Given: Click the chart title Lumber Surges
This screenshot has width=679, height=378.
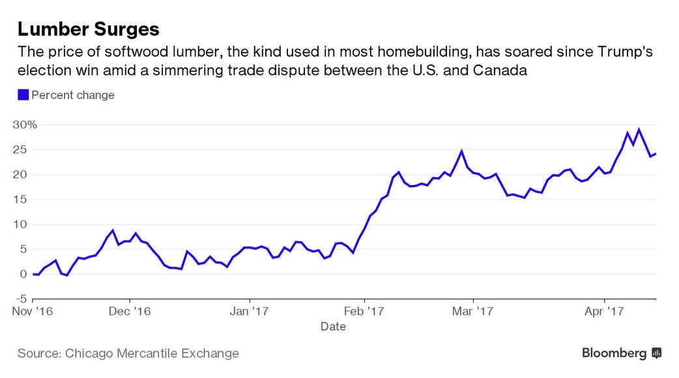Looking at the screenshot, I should [88, 29].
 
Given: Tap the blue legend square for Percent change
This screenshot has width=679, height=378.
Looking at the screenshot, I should [23, 95].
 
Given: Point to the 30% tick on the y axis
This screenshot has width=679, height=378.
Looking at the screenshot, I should [24, 124].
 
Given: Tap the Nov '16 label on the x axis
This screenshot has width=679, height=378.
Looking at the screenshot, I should [33, 312].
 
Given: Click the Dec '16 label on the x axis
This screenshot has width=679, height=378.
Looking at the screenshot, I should [130, 312].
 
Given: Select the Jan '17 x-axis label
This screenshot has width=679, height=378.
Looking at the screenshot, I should [250, 312].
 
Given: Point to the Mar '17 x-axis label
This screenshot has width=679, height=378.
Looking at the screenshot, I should [472, 312].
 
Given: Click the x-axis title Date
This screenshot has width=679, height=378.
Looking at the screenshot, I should [333, 327].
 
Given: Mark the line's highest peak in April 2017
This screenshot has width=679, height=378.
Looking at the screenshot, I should [639, 129].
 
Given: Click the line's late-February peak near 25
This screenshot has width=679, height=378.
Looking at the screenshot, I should [461, 151].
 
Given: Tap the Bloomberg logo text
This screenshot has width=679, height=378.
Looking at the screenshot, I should [614, 353].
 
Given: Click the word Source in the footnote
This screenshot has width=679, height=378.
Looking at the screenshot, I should [38, 354].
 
